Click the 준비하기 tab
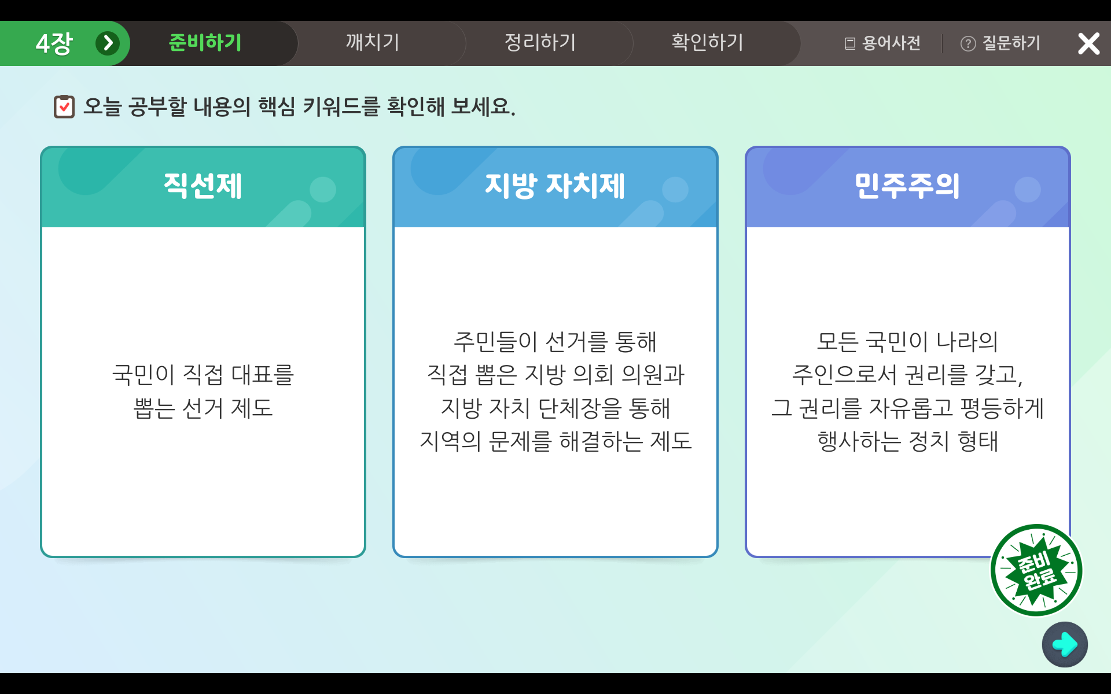pyautogui.click(x=205, y=43)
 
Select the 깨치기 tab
pyautogui.click(x=373, y=43)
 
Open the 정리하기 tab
pyautogui.click(x=540, y=43)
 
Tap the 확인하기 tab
pyautogui.click(x=707, y=43)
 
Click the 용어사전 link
pyautogui.click(x=882, y=43)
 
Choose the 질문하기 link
pyautogui.click(x=1000, y=43)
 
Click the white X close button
pyautogui.click(x=1088, y=43)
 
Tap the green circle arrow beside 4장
pyautogui.click(x=108, y=43)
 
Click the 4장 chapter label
pyautogui.click(x=54, y=43)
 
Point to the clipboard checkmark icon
pyautogui.click(x=64, y=106)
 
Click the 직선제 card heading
pyautogui.click(x=203, y=186)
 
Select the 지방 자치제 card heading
pyautogui.click(x=555, y=186)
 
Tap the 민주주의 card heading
pyautogui.click(x=907, y=186)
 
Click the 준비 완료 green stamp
pyautogui.click(x=1036, y=570)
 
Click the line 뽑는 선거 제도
pyautogui.click(x=203, y=408)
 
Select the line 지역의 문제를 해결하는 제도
pyautogui.click(x=555, y=441)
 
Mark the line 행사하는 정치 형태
pyautogui.click(x=908, y=441)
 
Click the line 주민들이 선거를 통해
pyautogui.click(x=555, y=342)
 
